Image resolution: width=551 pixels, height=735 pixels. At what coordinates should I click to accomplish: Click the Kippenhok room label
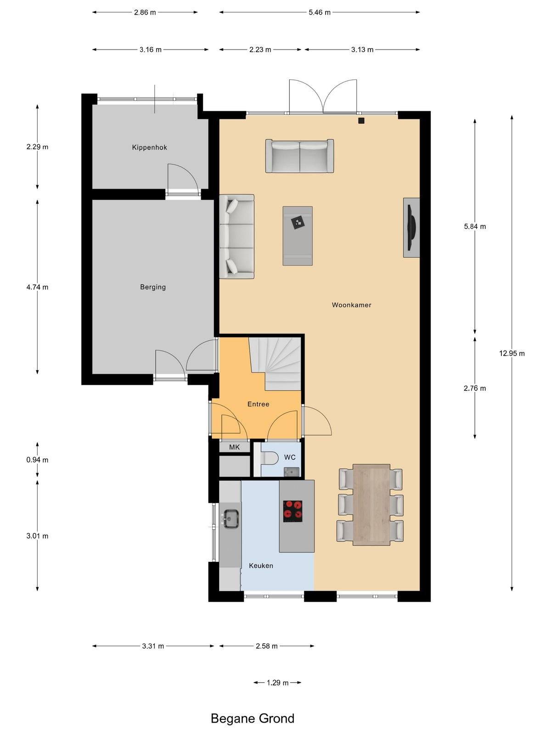149,147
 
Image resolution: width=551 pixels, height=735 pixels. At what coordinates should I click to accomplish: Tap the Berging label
153,287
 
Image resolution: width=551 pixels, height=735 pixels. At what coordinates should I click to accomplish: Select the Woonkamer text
351,305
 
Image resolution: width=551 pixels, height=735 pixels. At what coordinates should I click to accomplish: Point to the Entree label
258,404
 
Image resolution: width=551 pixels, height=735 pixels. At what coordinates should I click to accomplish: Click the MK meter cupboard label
234,447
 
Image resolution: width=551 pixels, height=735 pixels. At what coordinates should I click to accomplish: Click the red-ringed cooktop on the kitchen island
293,511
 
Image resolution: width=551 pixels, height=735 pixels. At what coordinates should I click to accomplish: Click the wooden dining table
371,504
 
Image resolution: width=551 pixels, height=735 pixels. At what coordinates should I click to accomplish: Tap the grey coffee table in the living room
298,236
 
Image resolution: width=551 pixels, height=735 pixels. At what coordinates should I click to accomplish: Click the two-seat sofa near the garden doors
299,156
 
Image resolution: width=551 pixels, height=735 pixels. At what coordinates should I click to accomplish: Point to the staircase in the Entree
275,363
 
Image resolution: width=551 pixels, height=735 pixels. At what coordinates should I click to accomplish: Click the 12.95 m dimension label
512,353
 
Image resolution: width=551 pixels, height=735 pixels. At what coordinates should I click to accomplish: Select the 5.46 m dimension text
320,12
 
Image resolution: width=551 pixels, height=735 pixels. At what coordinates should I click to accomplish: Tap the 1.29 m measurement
277,683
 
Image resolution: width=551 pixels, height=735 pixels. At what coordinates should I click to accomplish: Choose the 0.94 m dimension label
37,460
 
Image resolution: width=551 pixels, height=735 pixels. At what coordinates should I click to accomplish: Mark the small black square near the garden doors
361,121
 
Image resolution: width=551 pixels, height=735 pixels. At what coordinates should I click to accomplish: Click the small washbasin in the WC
290,472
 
